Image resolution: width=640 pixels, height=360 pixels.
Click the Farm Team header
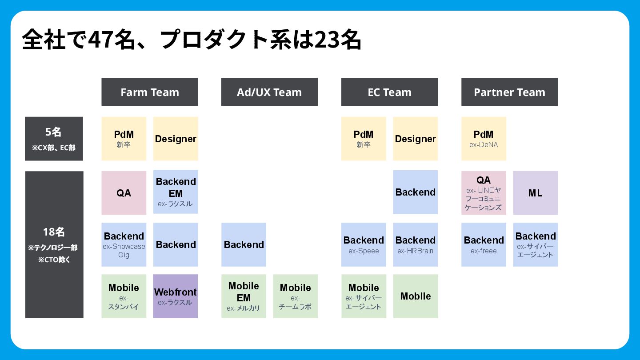[x=149, y=92]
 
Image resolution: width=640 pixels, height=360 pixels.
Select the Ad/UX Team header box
[x=269, y=92]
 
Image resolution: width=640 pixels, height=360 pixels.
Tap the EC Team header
[x=389, y=92]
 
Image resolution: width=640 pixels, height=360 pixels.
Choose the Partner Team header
[x=509, y=92]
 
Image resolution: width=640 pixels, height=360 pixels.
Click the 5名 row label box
[x=54, y=139]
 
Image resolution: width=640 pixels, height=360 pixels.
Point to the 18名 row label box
[x=54, y=244]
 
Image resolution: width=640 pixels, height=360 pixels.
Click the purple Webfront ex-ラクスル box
[x=176, y=296]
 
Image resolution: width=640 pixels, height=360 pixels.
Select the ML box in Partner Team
[x=535, y=193]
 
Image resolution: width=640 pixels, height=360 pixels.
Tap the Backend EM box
[x=176, y=192]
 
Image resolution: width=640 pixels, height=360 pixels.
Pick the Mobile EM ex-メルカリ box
[x=244, y=296]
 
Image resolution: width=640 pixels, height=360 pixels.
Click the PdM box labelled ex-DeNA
[x=484, y=139]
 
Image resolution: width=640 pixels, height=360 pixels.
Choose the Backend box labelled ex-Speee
[x=364, y=244]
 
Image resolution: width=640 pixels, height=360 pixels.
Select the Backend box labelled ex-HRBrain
[x=415, y=244]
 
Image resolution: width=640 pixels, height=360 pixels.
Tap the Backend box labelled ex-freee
[x=484, y=244]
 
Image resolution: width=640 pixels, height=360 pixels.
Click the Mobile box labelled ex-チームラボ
[x=296, y=296]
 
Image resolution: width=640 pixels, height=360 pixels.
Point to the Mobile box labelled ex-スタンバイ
[x=124, y=296]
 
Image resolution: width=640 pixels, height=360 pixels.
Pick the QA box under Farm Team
[x=124, y=193]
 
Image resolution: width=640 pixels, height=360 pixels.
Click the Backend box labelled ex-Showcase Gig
[x=124, y=244]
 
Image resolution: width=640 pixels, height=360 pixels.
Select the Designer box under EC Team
[x=415, y=139]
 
